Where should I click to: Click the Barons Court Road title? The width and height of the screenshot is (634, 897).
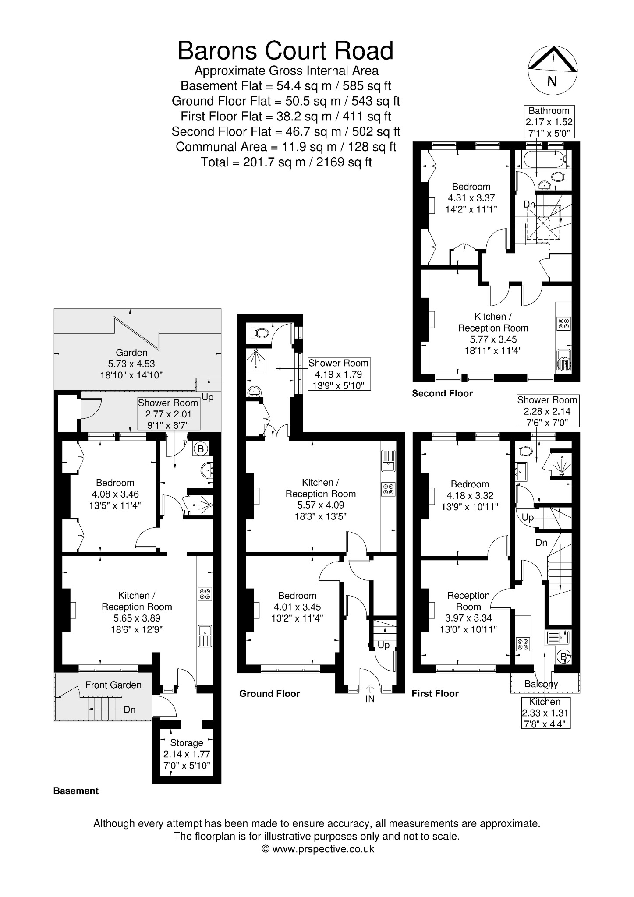pyautogui.click(x=285, y=51)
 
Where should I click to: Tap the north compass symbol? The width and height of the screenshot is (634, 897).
pyautogui.click(x=552, y=70)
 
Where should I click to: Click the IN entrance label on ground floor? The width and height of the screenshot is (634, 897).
pyautogui.click(x=370, y=699)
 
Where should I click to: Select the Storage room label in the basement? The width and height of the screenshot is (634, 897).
pyautogui.click(x=187, y=743)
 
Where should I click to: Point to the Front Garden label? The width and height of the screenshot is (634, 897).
pyautogui.click(x=113, y=685)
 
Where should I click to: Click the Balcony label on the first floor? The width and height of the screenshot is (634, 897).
pyautogui.click(x=542, y=684)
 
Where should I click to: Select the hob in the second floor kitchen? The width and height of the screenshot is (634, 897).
pyautogui.click(x=563, y=324)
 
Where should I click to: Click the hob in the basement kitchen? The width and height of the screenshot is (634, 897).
pyautogui.click(x=205, y=593)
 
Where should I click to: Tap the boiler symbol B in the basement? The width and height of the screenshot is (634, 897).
pyautogui.click(x=201, y=448)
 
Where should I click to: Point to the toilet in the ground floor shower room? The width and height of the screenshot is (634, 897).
pyautogui.click(x=260, y=333)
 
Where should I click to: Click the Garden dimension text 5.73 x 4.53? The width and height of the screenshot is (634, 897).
pyautogui.click(x=131, y=364)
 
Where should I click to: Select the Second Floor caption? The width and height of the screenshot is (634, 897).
pyautogui.click(x=443, y=393)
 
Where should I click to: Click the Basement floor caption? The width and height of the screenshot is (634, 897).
pyautogui.click(x=76, y=791)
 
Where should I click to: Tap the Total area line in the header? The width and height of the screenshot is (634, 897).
pyautogui.click(x=286, y=162)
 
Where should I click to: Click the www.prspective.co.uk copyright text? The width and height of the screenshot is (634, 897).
pyautogui.click(x=318, y=849)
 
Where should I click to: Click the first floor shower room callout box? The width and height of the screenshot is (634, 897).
pyautogui.click(x=547, y=411)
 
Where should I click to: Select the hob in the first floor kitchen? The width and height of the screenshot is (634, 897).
pyautogui.click(x=523, y=644)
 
